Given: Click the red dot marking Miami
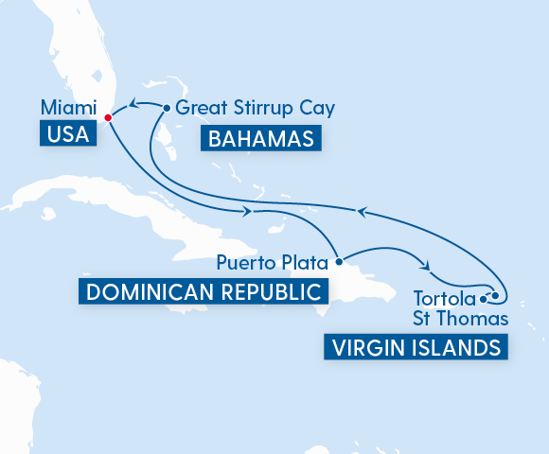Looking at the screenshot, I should [108, 118].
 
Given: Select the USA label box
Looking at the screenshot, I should [67, 134].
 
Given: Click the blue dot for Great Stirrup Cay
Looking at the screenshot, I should [168, 108].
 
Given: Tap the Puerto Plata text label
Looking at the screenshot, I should [273, 260].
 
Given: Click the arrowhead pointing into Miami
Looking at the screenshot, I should [133, 104].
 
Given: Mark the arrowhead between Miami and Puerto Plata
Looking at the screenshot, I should [248, 212].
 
